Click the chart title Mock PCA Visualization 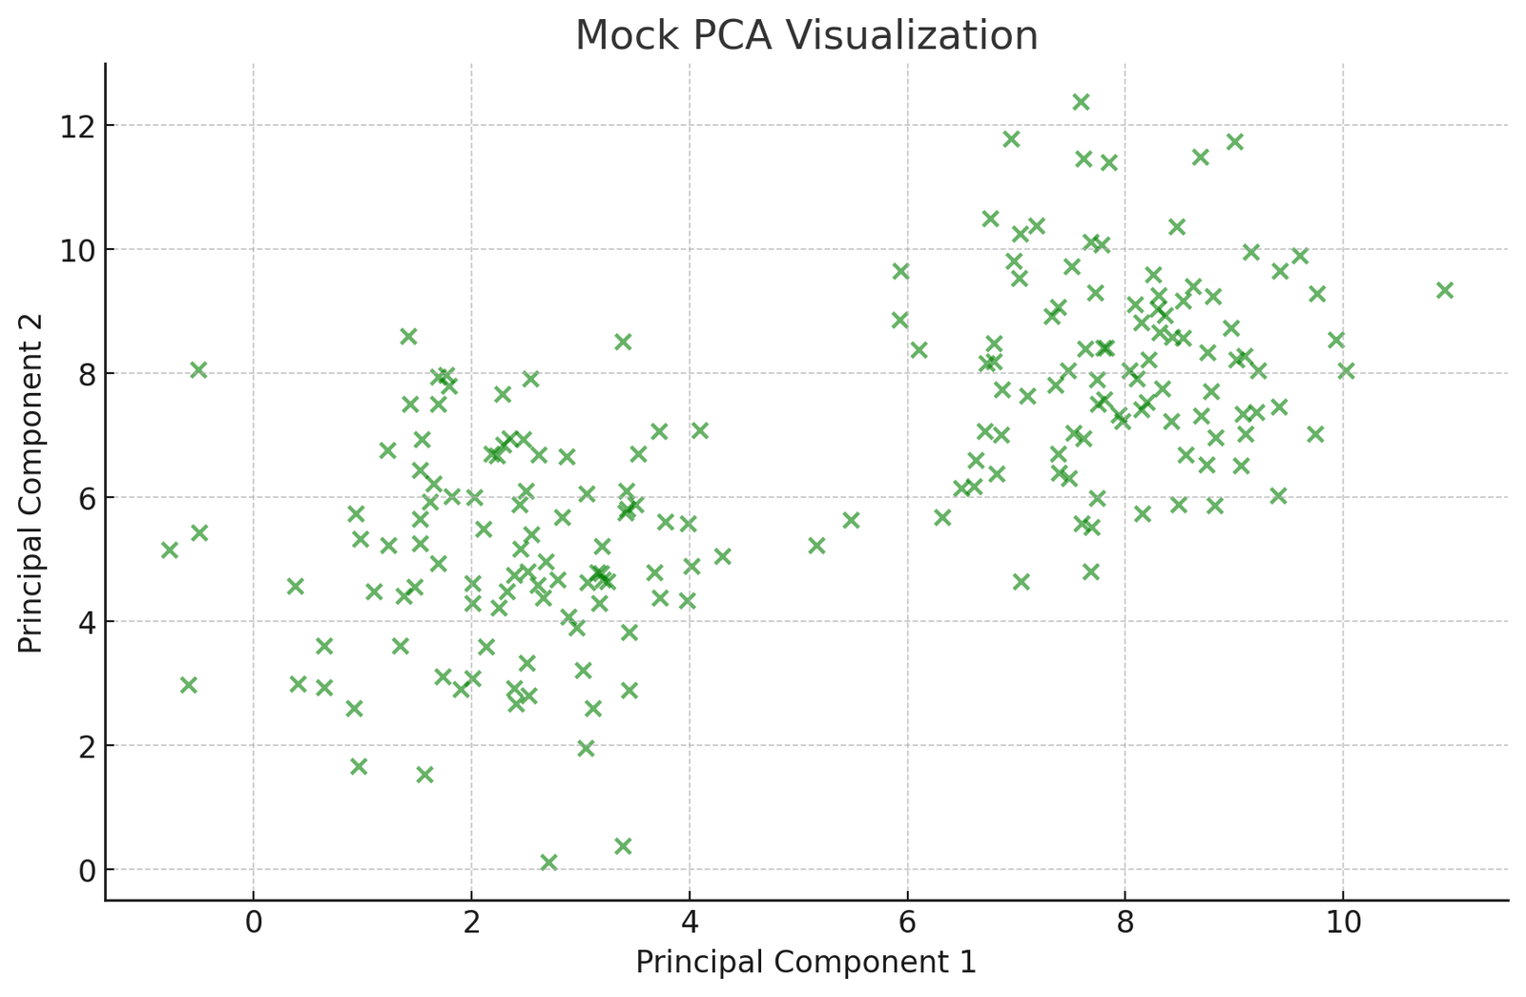806,36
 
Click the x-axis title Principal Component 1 806,962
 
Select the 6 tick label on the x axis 907,924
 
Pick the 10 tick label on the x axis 1343,924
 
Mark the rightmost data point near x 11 1445,290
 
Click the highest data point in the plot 1081,102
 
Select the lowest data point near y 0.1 548,862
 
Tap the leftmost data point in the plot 169,550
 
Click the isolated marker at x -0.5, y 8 198,370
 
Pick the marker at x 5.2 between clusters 816,546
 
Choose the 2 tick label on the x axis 471,924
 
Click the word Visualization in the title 913,36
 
